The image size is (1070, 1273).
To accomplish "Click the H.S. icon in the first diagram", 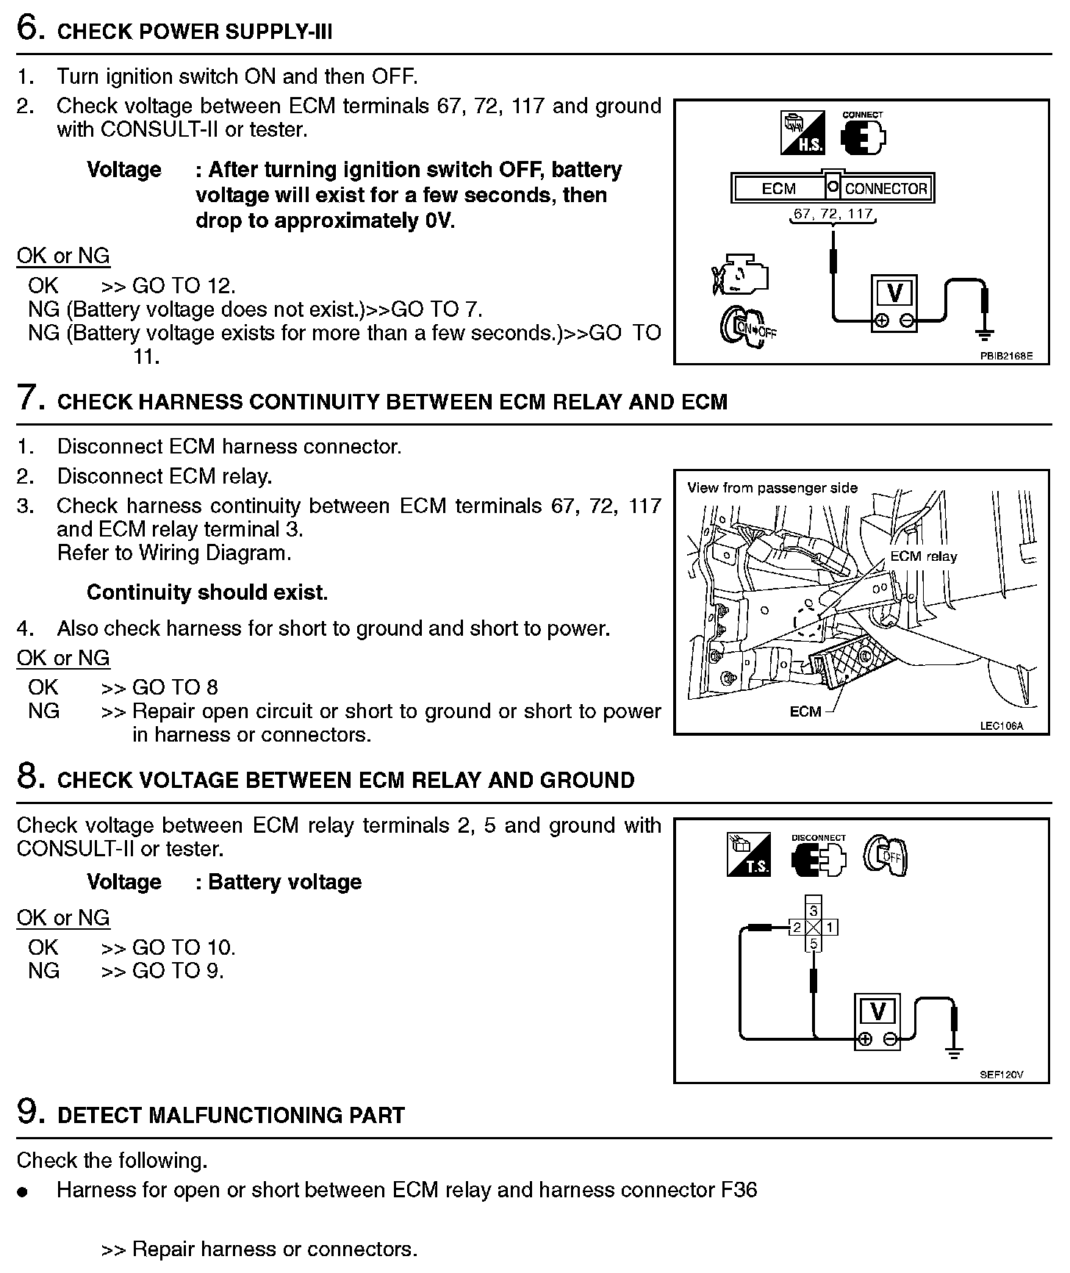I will coord(802,133).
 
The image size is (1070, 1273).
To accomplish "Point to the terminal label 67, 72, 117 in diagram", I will coord(833,214).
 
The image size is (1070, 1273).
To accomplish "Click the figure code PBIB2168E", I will coord(1005,356).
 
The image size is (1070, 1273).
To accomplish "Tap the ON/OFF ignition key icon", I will coord(745,326).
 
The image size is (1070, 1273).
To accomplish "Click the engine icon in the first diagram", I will coord(739,276).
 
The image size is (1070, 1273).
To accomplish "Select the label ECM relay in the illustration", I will coord(923,556).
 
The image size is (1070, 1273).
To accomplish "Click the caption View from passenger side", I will coord(772,488).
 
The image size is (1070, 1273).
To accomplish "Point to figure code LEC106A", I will coord(1001,726).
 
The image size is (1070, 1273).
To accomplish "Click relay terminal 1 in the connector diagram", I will coord(829,928).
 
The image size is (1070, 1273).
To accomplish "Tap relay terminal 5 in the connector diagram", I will coord(813,944).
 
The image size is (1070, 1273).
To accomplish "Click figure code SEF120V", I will coord(1001,1075).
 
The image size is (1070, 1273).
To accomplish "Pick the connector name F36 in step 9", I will coord(739,1190).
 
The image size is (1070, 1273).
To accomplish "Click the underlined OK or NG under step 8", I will coord(63,918).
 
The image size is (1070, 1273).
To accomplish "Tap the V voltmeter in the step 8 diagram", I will coord(877,1014).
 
